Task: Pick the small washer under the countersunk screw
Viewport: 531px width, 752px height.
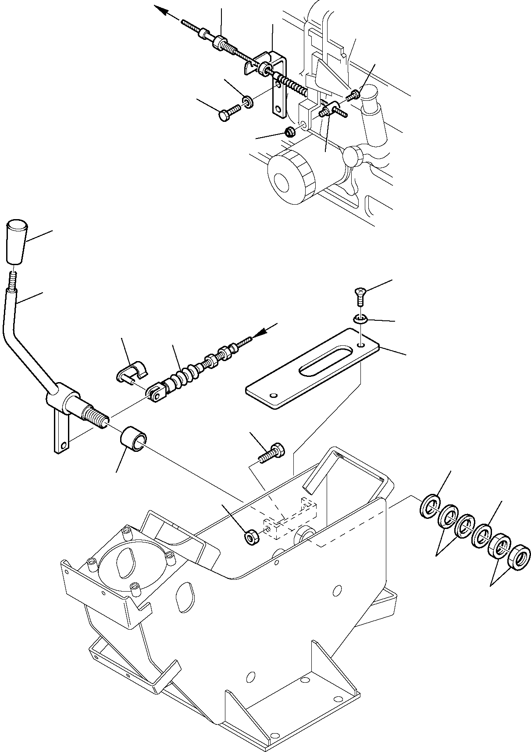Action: (x=360, y=319)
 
